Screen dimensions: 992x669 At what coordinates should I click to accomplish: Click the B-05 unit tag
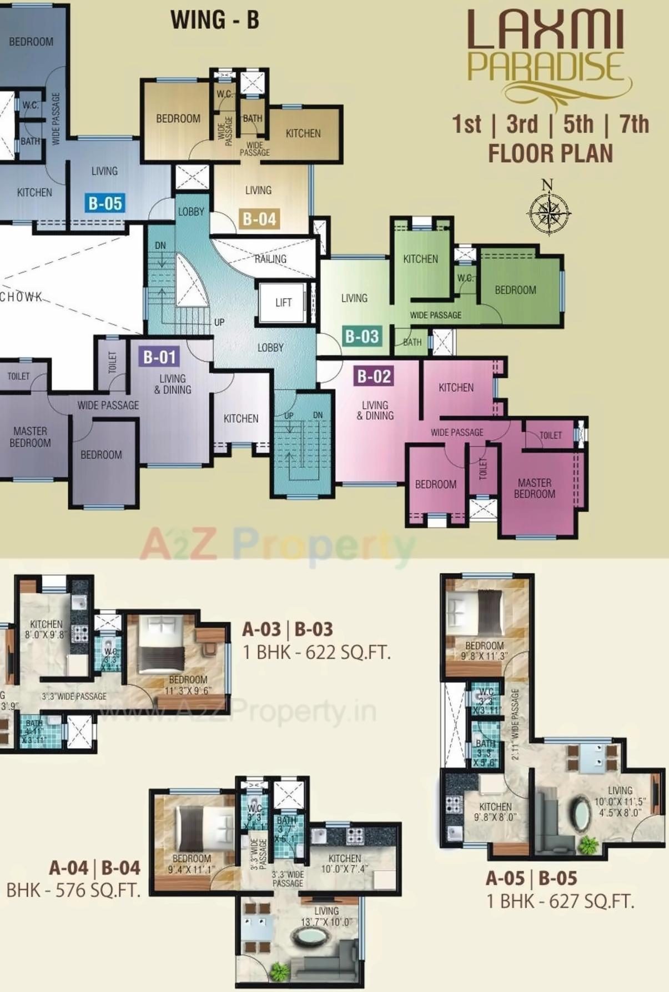point(105,203)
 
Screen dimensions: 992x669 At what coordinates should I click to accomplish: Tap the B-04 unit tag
point(259,219)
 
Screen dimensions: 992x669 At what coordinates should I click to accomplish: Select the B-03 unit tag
point(362,336)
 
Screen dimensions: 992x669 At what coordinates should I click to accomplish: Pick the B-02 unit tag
point(374,376)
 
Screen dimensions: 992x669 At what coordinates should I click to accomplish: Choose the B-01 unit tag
point(159,357)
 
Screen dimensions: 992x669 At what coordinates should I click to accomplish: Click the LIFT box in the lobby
point(283,302)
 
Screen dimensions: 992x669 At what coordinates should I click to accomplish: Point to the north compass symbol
point(549,209)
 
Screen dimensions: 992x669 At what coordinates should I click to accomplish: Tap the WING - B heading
point(215,21)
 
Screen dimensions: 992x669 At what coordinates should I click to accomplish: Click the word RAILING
point(270,259)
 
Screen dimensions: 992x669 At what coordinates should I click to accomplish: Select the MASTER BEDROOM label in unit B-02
point(534,488)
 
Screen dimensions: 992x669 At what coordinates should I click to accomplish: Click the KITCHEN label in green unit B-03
point(420,259)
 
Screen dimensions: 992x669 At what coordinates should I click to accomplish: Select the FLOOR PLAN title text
point(550,153)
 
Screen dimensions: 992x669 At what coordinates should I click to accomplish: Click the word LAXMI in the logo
point(546,32)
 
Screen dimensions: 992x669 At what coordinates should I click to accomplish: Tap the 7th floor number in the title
point(634,124)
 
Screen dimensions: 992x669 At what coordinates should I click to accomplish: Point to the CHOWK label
point(21,297)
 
